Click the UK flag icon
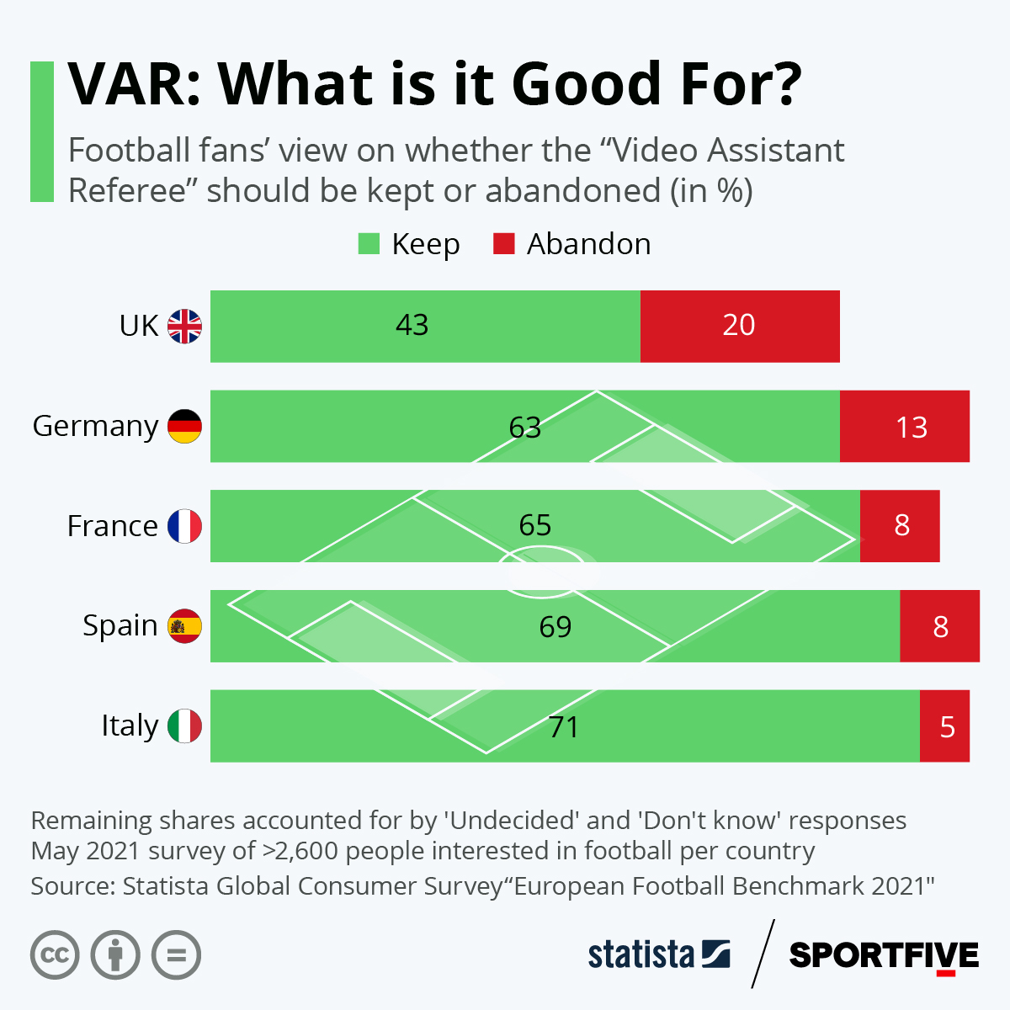pos(184,326)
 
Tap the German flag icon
pos(184,426)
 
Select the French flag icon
pos(184,526)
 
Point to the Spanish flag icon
pos(184,626)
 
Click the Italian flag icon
pos(184,726)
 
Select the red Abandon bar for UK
pos(740,327)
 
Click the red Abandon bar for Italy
pos(944,726)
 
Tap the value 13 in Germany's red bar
pos(912,428)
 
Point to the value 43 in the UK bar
pos(412,325)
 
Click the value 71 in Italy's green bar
pos(564,726)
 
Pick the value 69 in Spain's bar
pos(555,626)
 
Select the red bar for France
pos(900,526)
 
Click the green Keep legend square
pos(369,244)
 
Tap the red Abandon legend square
pos(503,244)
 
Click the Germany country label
pos(95,426)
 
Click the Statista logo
pos(658,954)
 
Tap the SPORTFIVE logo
pos(884,955)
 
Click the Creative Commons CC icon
pos(55,955)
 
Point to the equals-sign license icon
pos(176,955)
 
